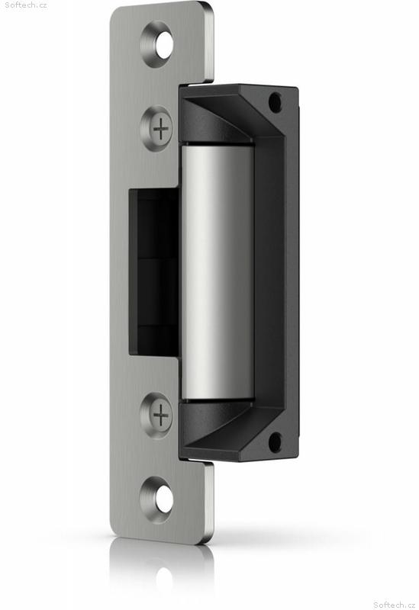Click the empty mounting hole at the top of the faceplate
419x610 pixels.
click(x=157, y=44)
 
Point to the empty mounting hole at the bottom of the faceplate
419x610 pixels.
click(x=157, y=500)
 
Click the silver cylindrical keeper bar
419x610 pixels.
click(x=218, y=272)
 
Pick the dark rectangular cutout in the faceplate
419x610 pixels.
click(x=154, y=272)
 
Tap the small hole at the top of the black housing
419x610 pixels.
click(x=275, y=102)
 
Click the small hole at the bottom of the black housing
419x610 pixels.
click(x=275, y=442)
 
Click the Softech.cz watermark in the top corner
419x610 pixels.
click(x=26, y=5)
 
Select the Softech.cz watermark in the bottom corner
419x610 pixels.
click(x=394, y=605)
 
